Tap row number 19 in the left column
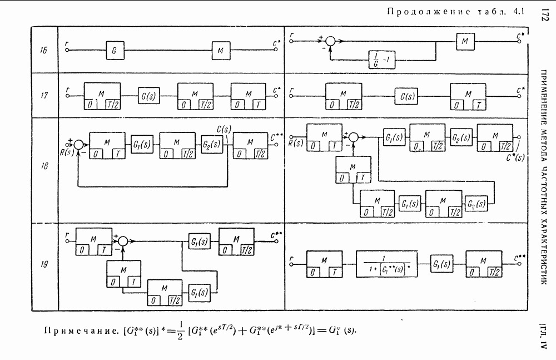click(x=43, y=265)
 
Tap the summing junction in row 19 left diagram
click(x=123, y=241)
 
